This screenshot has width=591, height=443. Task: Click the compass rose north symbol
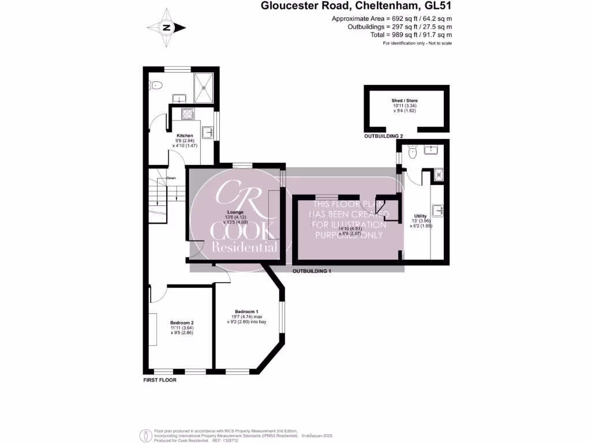pos(166,27)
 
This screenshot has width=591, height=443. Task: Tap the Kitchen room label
pos(185,136)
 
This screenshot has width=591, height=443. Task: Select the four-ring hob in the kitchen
pos(188,113)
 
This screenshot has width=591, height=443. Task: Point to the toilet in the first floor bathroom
pos(153,85)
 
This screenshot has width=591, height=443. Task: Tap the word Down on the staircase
pos(171,178)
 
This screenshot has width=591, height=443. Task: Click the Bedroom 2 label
pos(182,322)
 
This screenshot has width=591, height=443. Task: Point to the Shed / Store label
pos(405,101)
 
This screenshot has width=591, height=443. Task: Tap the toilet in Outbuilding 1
pos(412,153)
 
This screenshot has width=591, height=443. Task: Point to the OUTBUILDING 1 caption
pos(312,271)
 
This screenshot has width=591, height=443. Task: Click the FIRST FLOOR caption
pos(160,381)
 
